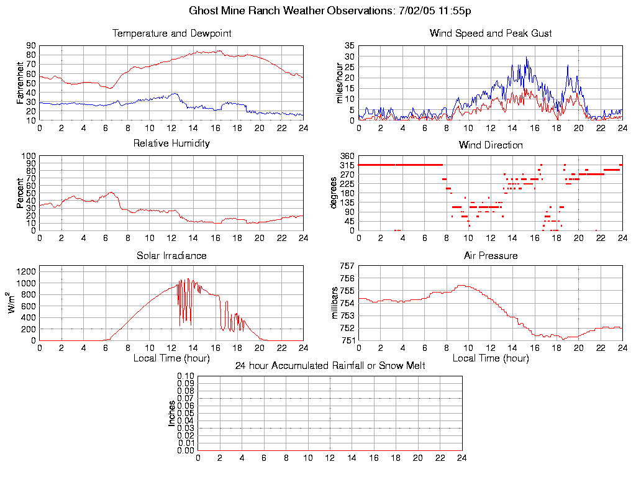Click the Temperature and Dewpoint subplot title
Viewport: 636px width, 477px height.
tap(171, 34)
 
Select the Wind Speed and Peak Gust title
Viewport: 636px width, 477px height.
tap(491, 34)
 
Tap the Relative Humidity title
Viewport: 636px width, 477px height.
tap(171, 143)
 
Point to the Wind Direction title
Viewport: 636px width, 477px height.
tap(491, 145)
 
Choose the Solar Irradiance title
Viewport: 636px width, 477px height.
tap(171, 255)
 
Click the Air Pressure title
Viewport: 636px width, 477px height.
tap(491, 255)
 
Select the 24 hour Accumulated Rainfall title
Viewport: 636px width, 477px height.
tap(330, 366)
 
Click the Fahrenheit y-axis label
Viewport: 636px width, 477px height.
tap(20, 83)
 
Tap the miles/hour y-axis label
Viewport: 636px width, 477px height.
tap(340, 83)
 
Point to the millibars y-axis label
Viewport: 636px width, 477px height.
tap(335, 302)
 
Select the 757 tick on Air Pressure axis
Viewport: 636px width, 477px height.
tap(346, 266)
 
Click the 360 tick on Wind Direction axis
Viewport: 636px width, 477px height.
tap(346, 156)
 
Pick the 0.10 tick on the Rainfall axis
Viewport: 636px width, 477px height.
tap(186, 376)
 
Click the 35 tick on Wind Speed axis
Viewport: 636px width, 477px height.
tap(349, 46)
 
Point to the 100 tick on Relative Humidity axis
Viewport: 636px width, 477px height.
tap(28, 156)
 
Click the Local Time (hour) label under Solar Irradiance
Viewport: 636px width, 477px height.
tap(171, 358)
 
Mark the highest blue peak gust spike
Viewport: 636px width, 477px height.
tap(527, 58)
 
